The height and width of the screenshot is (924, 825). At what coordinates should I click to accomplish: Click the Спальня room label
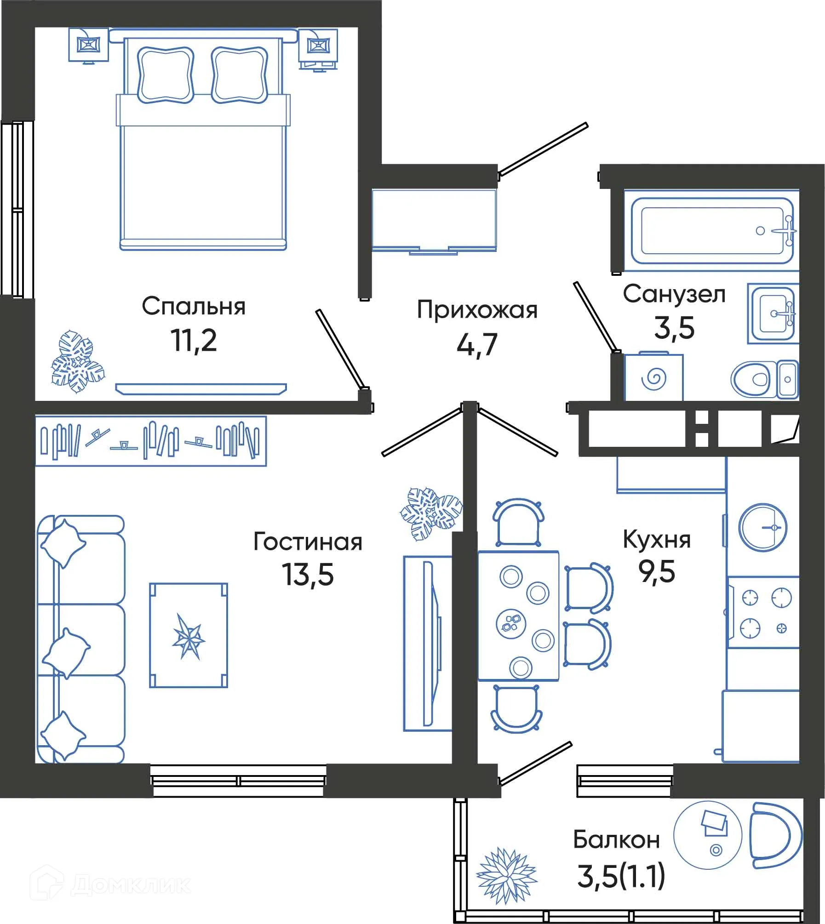click(193, 307)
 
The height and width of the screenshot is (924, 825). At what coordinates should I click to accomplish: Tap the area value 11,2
click(193, 341)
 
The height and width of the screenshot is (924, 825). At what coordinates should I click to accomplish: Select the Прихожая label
click(477, 310)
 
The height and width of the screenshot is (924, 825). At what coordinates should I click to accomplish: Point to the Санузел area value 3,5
click(674, 328)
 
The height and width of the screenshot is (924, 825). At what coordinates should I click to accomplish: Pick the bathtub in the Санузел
click(712, 231)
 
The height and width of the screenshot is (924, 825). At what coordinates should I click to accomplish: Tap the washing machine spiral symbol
click(653, 379)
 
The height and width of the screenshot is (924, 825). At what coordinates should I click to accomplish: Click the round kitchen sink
click(762, 527)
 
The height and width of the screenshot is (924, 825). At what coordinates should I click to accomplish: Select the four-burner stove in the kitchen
click(765, 613)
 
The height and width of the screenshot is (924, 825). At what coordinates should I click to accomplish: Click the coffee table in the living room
click(189, 636)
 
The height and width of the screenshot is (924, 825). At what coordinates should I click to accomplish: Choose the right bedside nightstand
click(318, 48)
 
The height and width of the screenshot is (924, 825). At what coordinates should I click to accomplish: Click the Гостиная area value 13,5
click(307, 575)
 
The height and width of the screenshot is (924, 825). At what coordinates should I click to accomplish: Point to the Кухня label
click(656, 539)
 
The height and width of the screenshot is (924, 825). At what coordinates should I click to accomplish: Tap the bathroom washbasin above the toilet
click(773, 314)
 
